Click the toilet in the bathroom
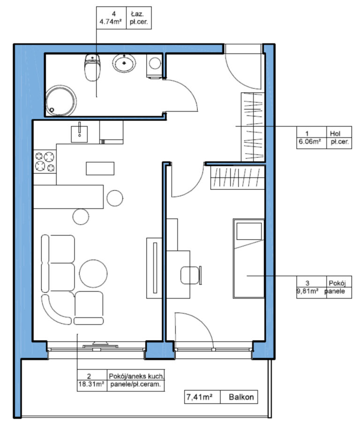click(92, 67)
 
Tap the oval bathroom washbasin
click(124, 63)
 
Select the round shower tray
click(61, 101)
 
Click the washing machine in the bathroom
click(154, 66)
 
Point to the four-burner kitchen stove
click(45, 162)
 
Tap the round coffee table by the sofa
click(93, 274)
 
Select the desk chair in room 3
click(191, 275)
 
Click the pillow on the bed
click(249, 231)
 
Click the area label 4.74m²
click(111, 22)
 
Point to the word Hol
click(335, 133)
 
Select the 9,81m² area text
click(307, 291)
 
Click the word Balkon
click(241, 397)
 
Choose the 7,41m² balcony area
click(200, 397)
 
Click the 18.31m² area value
click(91, 384)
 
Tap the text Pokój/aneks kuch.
click(136, 376)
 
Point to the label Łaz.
click(137, 14)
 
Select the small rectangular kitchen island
click(100, 168)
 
